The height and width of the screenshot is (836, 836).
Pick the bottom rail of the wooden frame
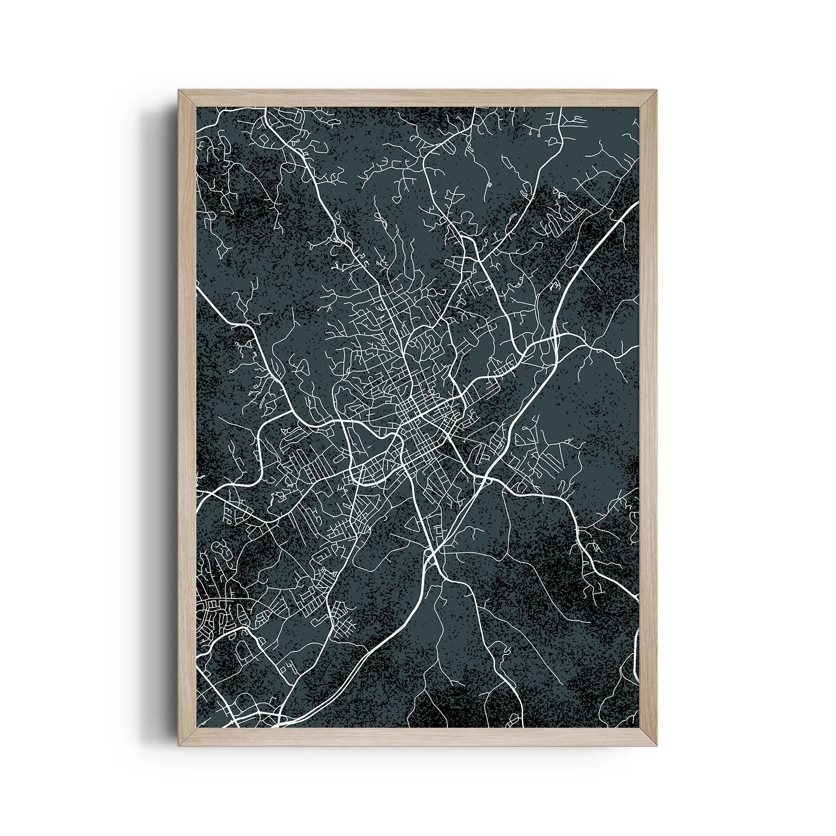pos(418,737)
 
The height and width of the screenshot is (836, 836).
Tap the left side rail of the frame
pos(187,418)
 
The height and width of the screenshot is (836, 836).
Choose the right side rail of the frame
pos(649,418)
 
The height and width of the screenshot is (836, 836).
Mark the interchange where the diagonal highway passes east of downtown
pos(481,478)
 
